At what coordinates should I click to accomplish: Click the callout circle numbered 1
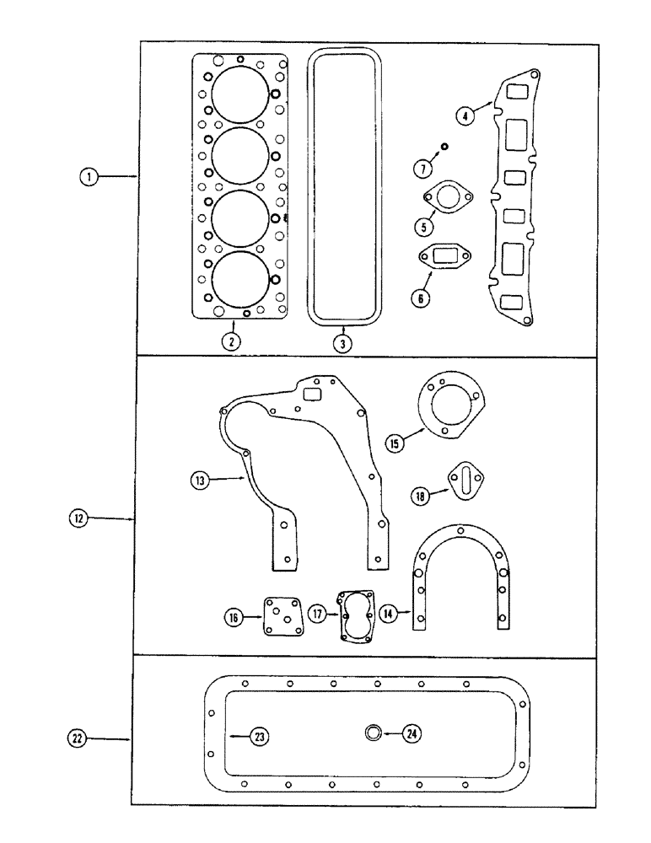tap(87, 177)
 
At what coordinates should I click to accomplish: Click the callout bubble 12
tap(78, 518)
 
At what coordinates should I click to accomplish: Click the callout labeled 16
tap(234, 618)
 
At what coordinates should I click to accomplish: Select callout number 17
tap(316, 615)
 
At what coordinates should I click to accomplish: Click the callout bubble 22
tap(77, 738)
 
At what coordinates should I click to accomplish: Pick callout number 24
tap(411, 734)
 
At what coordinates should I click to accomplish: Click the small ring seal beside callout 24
tap(373, 734)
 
